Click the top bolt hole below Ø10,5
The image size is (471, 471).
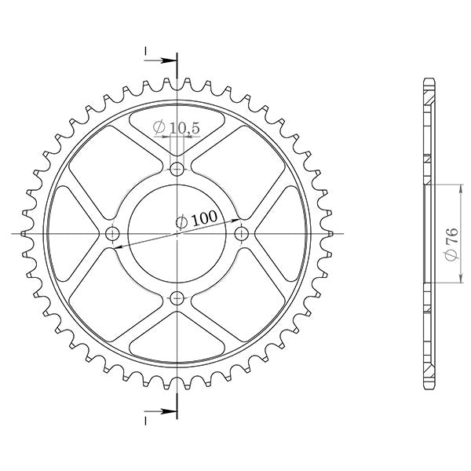(x=177, y=169)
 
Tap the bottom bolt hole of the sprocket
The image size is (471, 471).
(x=177, y=298)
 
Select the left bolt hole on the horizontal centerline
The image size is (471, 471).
(x=113, y=233)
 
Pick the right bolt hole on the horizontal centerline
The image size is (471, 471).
(x=242, y=233)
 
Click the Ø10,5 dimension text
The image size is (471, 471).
(x=177, y=126)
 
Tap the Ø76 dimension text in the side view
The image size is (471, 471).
(x=450, y=246)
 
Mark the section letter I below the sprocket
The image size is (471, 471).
(x=146, y=419)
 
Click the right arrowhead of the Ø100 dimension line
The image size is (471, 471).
(x=236, y=220)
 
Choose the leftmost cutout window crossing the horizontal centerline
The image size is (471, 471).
(x=71, y=233)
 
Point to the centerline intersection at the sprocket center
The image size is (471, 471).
(x=177, y=233)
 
